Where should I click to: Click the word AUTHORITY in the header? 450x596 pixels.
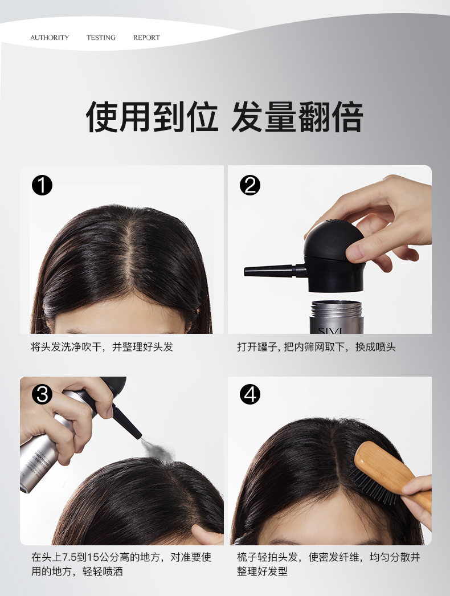50,38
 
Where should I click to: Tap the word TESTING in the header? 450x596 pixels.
101,38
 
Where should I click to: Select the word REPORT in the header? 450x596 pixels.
146,38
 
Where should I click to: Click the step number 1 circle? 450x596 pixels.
42,186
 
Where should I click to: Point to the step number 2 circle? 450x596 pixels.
250,186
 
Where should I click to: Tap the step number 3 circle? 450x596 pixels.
42,394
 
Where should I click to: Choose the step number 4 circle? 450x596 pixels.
250,394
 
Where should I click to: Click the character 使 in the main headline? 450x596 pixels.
102,117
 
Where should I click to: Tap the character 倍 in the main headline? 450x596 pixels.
347,117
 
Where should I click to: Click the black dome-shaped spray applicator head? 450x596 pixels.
334,255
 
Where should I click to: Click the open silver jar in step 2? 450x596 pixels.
336,317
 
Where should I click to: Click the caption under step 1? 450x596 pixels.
102,346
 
